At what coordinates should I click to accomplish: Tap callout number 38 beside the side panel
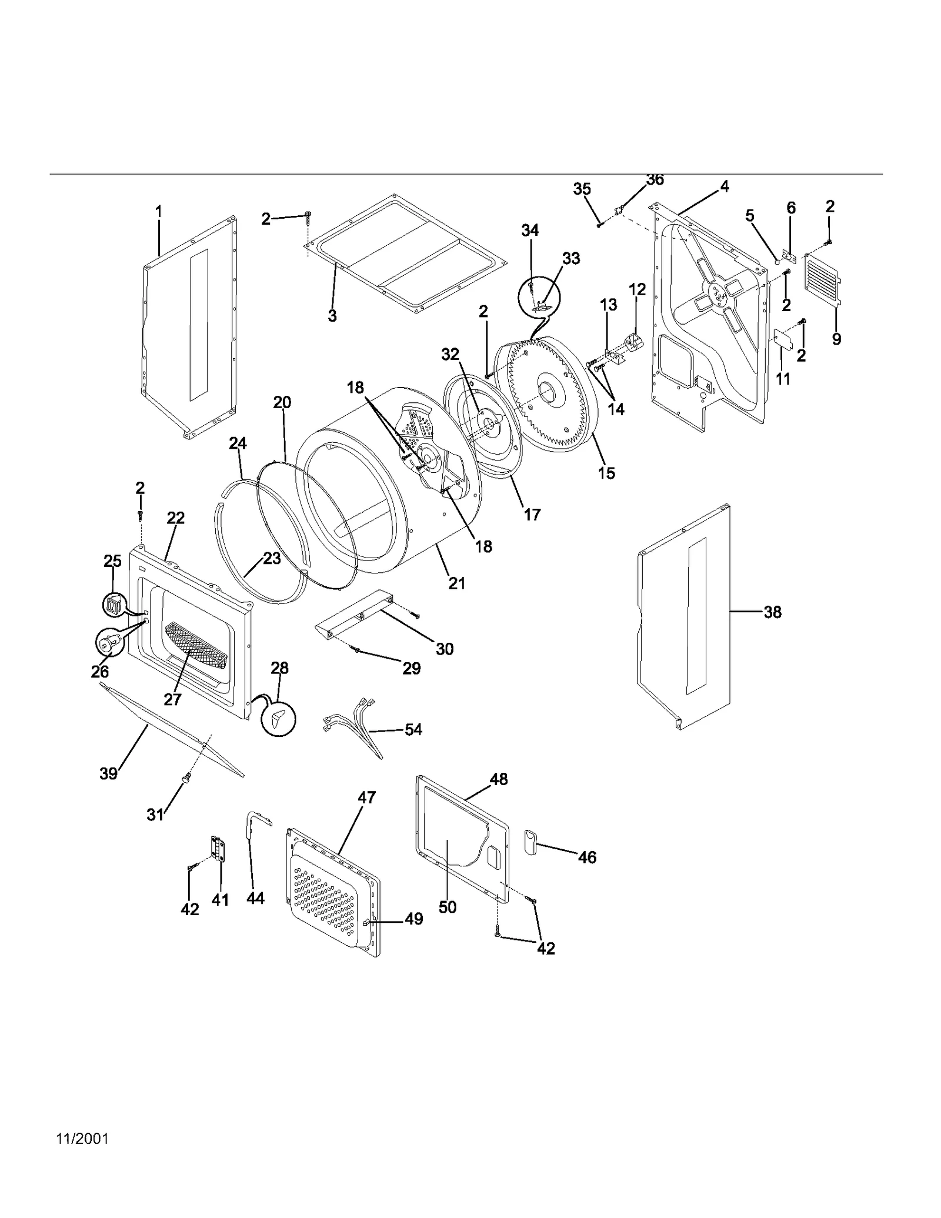772,612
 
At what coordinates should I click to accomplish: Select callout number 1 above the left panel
158,211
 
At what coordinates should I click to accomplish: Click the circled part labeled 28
279,719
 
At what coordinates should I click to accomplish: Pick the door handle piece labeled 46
531,842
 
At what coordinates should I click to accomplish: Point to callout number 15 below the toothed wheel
606,473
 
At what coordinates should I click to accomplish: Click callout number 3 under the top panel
332,316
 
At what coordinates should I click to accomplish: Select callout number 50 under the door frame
448,907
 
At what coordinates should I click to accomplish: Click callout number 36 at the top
655,180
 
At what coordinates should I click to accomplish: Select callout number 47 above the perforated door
366,797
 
